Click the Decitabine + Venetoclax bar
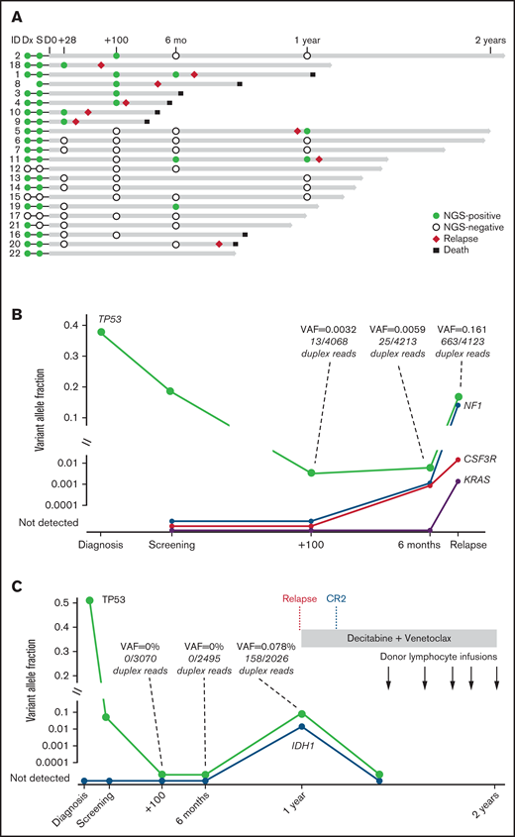coord(398,639)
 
